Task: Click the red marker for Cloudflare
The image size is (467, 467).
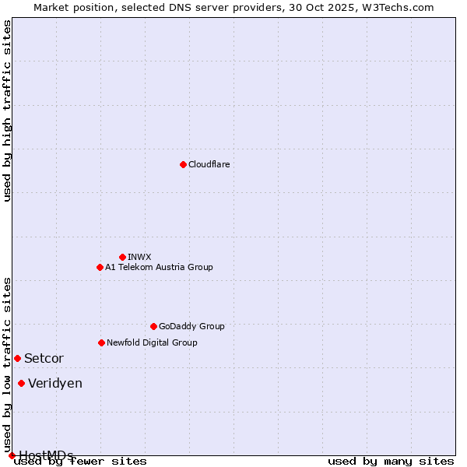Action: pyautogui.click(x=183, y=164)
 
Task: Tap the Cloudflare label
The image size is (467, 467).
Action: pyautogui.click(x=209, y=164)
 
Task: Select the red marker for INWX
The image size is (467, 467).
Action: pyautogui.click(x=122, y=257)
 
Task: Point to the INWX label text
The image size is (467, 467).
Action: pyautogui.click(x=139, y=257)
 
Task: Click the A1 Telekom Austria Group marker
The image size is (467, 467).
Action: pyautogui.click(x=100, y=267)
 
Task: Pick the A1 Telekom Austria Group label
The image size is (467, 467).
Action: pyautogui.click(x=159, y=267)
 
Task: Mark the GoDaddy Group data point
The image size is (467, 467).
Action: pyautogui.click(x=153, y=326)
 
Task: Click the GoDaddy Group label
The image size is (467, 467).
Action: pyautogui.click(x=191, y=326)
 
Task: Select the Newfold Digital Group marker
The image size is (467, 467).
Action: pyautogui.click(x=101, y=342)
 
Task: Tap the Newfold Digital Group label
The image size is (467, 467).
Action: pyautogui.click(x=152, y=342)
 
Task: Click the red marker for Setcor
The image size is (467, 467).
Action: pyautogui.click(x=17, y=358)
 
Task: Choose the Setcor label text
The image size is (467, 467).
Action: pyautogui.click(x=44, y=359)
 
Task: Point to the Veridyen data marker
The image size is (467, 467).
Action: pyautogui.click(x=21, y=383)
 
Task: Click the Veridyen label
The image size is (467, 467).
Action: pyautogui.click(x=54, y=384)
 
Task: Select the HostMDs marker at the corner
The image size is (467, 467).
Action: pyautogui.click(x=12, y=455)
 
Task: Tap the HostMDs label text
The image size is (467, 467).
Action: pyautogui.click(x=46, y=455)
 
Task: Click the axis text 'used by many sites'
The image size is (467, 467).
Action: pyautogui.click(x=391, y=462)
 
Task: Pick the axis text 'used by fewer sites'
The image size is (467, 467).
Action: pyautogui.click(x=80, y=462)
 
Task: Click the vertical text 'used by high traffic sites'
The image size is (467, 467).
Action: pyautogui.click(x=8, y=111)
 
